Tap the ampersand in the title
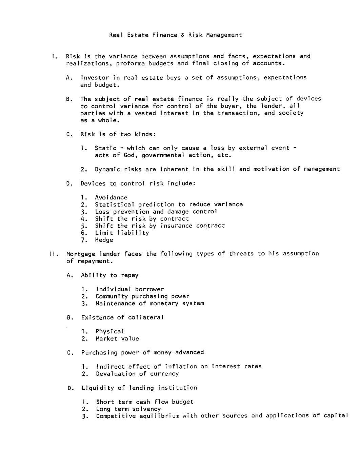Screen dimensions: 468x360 click(x=183, y=35)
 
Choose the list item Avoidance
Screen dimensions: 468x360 click(x=111, y=197)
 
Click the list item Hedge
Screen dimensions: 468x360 click(x=104, y=240)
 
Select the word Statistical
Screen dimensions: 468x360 click(x=115, y=204)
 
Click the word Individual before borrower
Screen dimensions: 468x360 click(x=114, y=289)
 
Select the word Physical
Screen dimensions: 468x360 click(x=110, y=331)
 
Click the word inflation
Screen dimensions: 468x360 click(x=181, y=367)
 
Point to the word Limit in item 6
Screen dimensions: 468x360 click(x=104, y=233)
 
